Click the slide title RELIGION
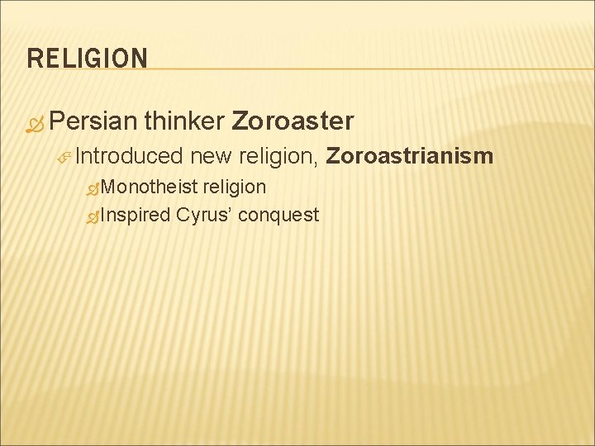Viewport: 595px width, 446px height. pos(88,59)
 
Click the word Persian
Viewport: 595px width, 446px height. pos(93,121)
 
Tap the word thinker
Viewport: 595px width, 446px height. pos(184,121)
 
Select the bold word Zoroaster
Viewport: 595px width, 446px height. pos(293,121)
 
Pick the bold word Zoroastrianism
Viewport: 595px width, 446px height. pos(410,156)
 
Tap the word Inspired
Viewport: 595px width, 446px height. pos(136,216)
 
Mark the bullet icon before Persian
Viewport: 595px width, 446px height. pos(35,123)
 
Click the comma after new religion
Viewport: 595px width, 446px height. pos(318,162)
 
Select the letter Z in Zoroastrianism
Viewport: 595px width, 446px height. pos(333,156)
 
